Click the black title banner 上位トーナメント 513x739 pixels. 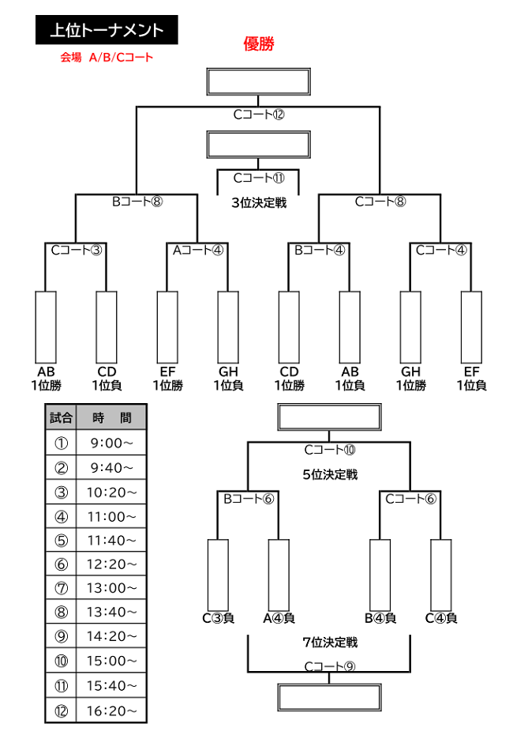(x=107, y=30)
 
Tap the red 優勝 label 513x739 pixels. (x=258, y=43)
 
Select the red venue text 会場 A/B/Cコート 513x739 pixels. (x=107, y=58)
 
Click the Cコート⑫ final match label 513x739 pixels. (x=259, y=115)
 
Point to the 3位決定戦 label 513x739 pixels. (x=259, y=202)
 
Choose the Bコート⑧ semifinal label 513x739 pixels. (x=137, y=202)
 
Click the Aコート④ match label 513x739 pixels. (x=197, y=250)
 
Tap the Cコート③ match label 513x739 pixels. (x=77, y=250)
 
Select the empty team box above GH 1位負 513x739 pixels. (x=228, y=327)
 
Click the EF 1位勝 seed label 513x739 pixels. (x=167, y=379)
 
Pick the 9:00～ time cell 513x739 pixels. (x=111, y=443)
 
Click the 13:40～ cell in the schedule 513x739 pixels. (x=111, y=612)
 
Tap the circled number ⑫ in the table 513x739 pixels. (x=62, y=711)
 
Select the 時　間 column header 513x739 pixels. (x=111, y=417)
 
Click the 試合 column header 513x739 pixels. (x=62, y=417)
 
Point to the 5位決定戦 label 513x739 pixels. (x=330, y=474)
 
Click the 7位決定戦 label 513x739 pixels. (x=330, y=642)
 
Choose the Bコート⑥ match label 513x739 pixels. (x=249, y=499)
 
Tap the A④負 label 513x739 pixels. (x=279, y=618)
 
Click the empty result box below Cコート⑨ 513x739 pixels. (x=329, y=697)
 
